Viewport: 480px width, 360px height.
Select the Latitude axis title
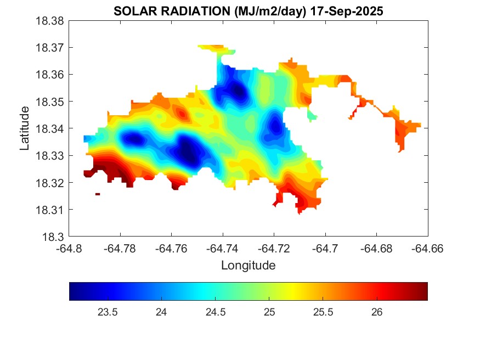(25, 129)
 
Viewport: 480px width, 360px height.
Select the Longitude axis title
(248, 266)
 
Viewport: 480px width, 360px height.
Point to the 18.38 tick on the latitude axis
(50, 21)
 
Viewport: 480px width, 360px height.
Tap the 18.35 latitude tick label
(50, 102)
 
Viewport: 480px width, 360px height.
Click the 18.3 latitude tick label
(54, 237)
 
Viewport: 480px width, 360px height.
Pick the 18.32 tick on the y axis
(50, 183)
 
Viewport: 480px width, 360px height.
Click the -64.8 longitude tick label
(69, 248)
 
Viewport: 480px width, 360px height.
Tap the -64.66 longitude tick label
(428, 248)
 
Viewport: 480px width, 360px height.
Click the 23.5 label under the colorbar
(107, 312)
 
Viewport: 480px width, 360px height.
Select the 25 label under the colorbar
(269, 312)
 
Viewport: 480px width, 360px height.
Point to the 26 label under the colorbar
(377, 312)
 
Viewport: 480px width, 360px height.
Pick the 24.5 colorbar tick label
(215, 312)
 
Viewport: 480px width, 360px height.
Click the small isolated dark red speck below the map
(98, 194)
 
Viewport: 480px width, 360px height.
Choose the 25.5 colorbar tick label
(323, 312)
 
